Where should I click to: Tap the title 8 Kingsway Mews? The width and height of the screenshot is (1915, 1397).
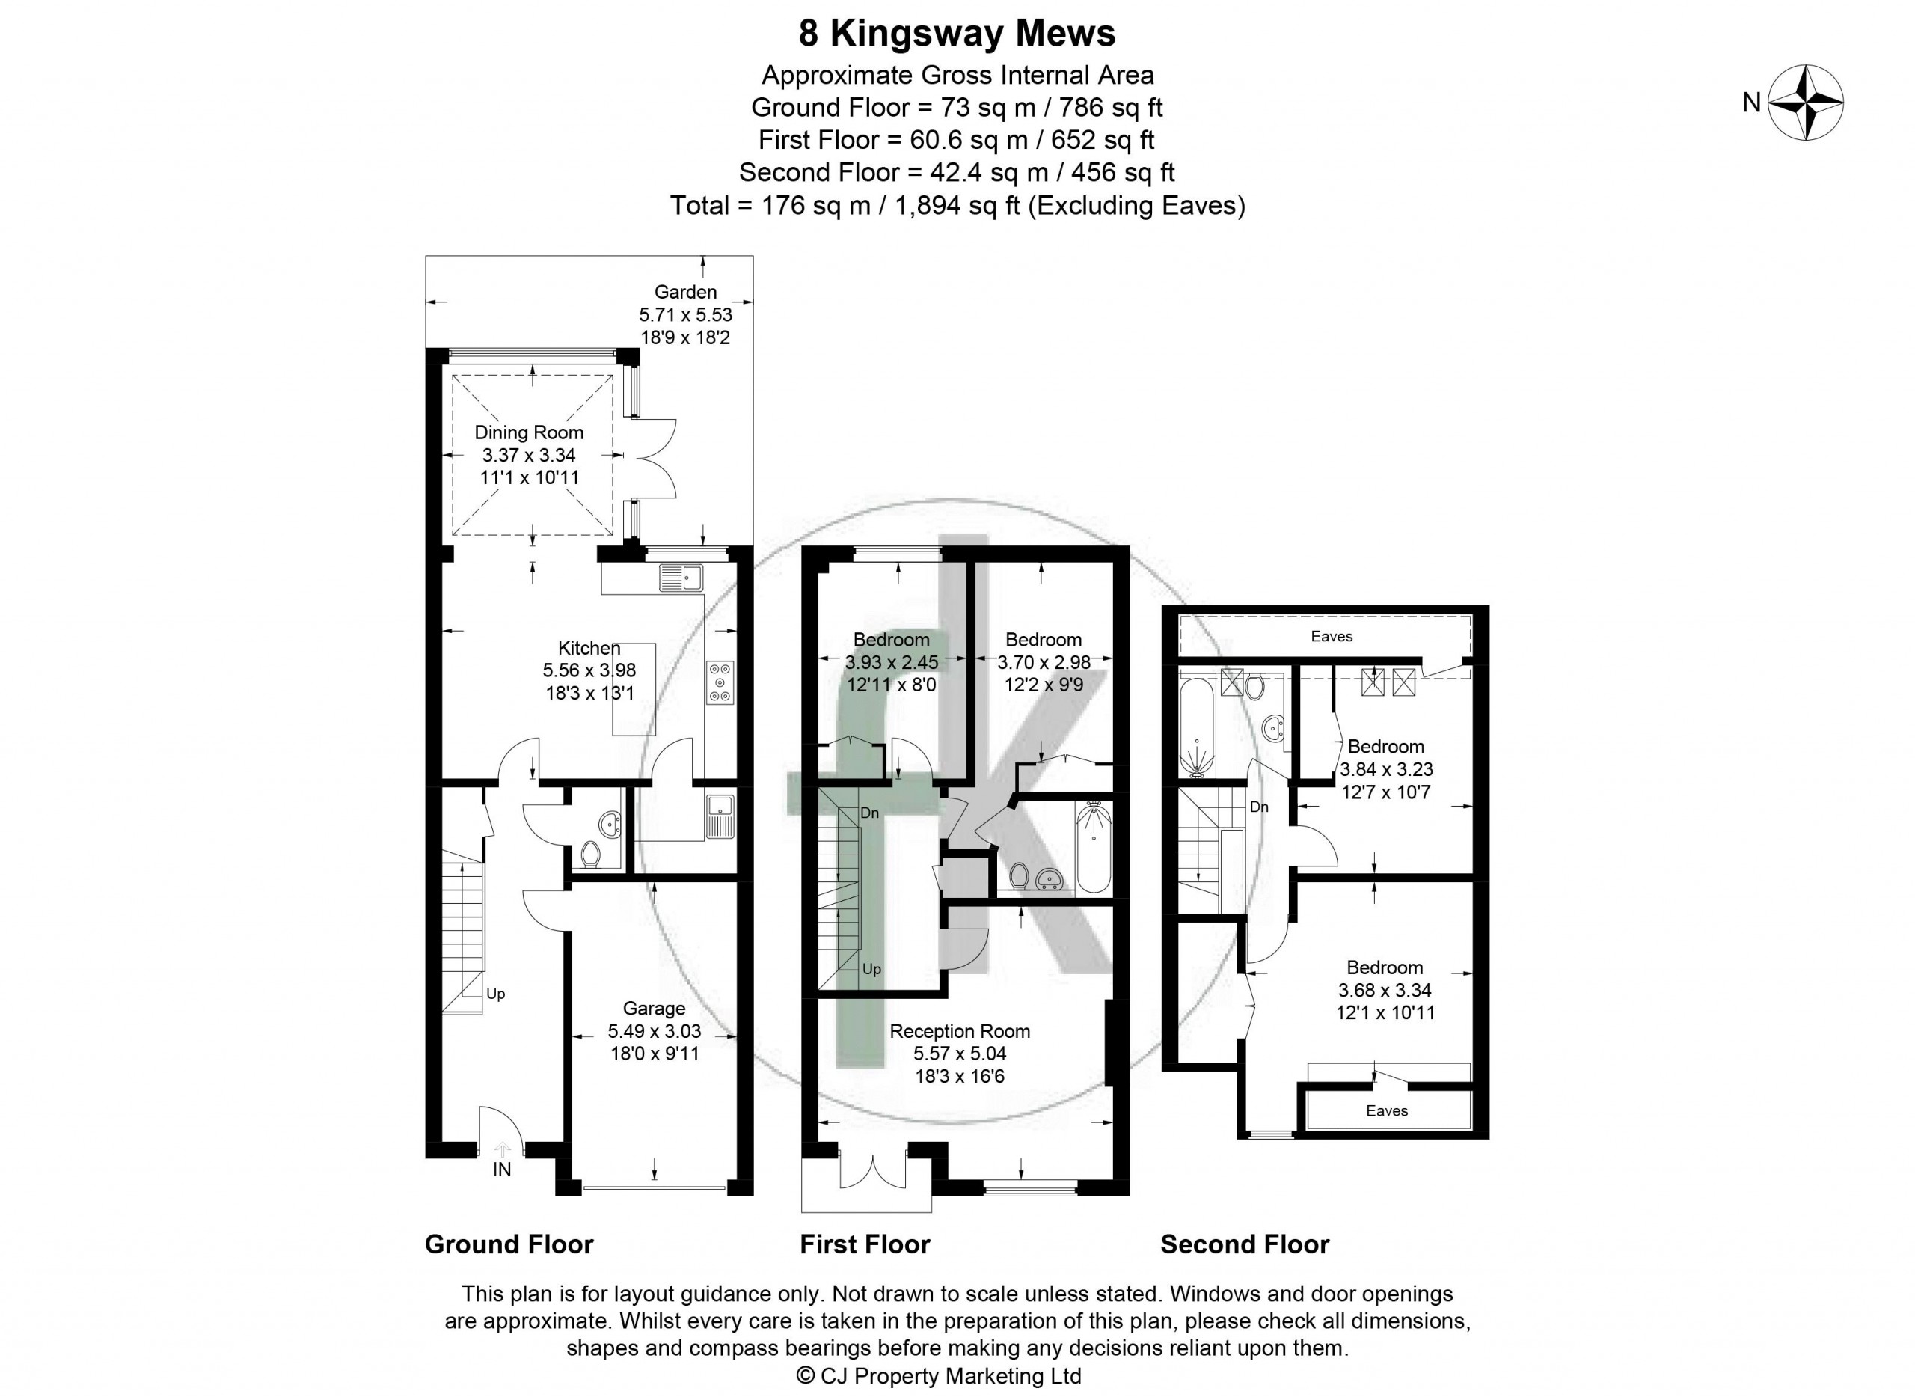957,34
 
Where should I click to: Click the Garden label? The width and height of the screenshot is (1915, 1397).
684,292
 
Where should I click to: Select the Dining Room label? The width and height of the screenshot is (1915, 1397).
528,432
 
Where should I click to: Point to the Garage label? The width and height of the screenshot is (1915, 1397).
654,1008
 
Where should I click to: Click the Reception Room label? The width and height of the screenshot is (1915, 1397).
960,1031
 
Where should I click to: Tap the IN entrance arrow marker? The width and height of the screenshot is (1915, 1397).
502,1149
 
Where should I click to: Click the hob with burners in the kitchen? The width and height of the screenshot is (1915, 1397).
720,682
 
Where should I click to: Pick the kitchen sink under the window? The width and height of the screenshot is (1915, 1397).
681,577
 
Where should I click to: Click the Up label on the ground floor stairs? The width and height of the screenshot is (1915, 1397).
495,994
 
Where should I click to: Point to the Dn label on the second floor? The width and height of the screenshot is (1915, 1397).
1259,807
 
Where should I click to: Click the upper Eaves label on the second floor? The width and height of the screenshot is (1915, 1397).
1332,636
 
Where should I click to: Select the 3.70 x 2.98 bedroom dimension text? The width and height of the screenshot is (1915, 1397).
1044,662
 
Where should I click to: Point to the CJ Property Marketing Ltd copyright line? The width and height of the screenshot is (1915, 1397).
940,1376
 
